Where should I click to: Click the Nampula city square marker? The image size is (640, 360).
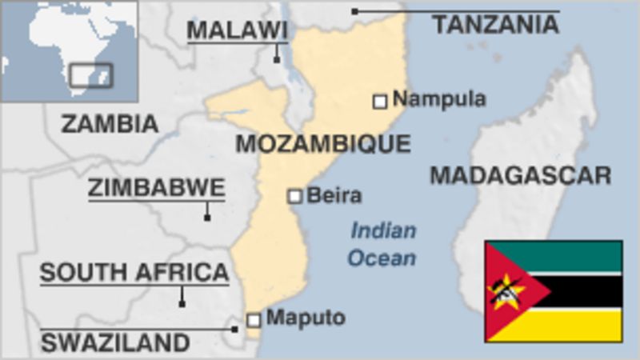pyautogui.click(x=380, y=101)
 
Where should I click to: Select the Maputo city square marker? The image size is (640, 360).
pyautogui.click(x=254, y=320)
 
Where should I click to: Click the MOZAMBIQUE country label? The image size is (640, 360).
pyautogui.click(x=322, y=144)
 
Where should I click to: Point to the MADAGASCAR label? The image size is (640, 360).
pyautogui.click(x=521, y=175)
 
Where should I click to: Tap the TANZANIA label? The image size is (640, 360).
pyautogui.click(x=496, y=26)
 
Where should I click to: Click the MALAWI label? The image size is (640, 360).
pyautogui.click(x=237, y=30)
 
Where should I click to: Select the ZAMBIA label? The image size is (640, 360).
pyautogui.click(x=110, y=124)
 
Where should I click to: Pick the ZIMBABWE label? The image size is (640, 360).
pyautogui.click(x=156, y=188)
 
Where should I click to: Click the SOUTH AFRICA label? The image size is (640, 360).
pyautogui.click(x=134, y=273)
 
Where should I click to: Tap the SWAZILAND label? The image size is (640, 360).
pyautogui.click(x=115, y=343)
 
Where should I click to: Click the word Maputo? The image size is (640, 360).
pyautogui.click(x=306, y=318)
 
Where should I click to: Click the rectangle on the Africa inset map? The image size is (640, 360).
pyautogui.click(x=90, y=75)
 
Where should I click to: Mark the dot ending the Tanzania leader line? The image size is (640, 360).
pyautogui.click(x=354, y=11)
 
